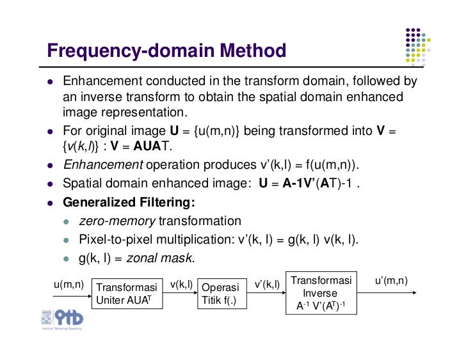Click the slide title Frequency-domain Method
[166, 51]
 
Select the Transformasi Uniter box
[129, 293]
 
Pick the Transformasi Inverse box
[321, 293]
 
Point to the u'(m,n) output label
[391, 281]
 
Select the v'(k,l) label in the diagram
[267, 284]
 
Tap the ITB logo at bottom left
[62, 318]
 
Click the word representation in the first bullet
[145, 113]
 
